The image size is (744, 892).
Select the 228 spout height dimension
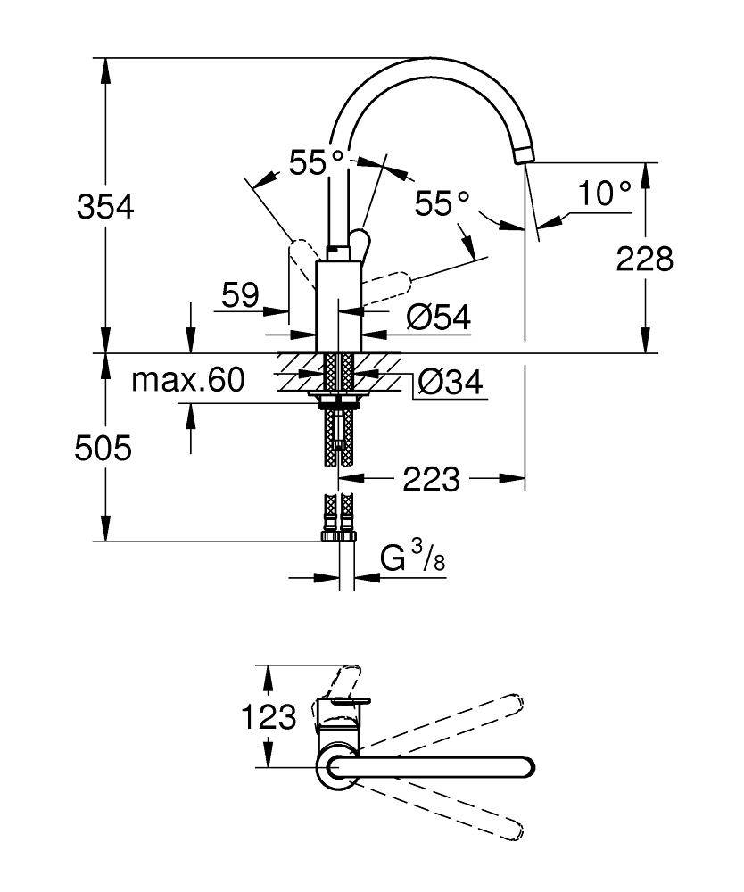coord(644,259)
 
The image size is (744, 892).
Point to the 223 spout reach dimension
coord(431,480)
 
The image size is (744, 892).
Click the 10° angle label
coord(604,193)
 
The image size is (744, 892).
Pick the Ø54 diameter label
coord(437,315)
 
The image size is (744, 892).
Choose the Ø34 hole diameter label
coord(450,384)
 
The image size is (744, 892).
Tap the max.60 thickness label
coord(187,382)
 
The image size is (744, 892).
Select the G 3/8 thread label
coord(412,560)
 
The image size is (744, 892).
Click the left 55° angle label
coord(316,162)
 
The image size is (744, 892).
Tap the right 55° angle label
coord(442,204)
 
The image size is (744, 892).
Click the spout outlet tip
coord(524,156)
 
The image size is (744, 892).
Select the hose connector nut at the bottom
coord(339,537)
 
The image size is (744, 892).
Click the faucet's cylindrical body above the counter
coord(338,303)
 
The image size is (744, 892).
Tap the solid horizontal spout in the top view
coord(437,766)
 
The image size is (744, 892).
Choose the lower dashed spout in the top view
coord(446,811)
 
